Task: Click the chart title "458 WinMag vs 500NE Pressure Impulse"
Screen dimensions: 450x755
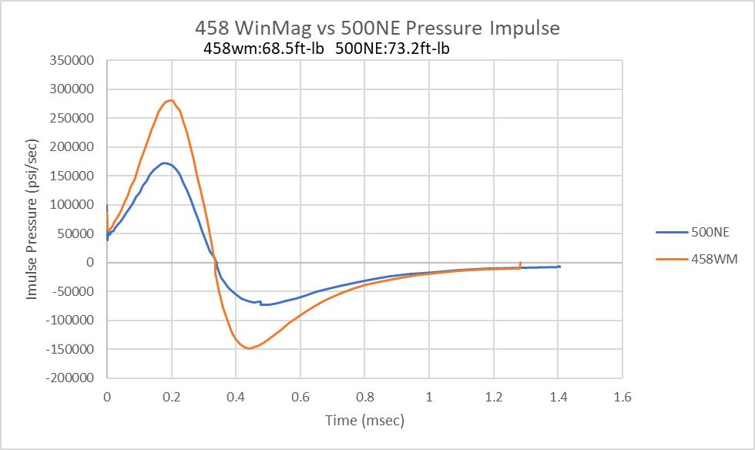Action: coord(377,29)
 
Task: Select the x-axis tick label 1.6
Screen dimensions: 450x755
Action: coord(622,398)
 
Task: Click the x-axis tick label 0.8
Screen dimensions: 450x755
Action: coord(364,398)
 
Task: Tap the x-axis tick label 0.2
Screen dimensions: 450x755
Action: coord(171,398)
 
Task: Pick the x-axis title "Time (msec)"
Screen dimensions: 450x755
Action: coord(364,421)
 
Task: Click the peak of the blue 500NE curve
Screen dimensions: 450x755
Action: coord(164,163)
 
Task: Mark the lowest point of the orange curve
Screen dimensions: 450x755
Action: coord(249,348)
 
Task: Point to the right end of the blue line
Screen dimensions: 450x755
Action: coord(560,267)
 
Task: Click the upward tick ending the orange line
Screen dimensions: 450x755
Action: coord(521,264)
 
